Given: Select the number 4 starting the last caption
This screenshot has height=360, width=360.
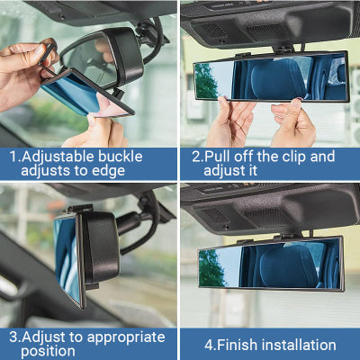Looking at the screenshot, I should (208, 345).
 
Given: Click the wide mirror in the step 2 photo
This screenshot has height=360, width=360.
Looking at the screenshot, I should (269, 76).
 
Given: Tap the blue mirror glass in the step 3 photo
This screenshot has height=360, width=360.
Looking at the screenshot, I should (66, 256).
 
